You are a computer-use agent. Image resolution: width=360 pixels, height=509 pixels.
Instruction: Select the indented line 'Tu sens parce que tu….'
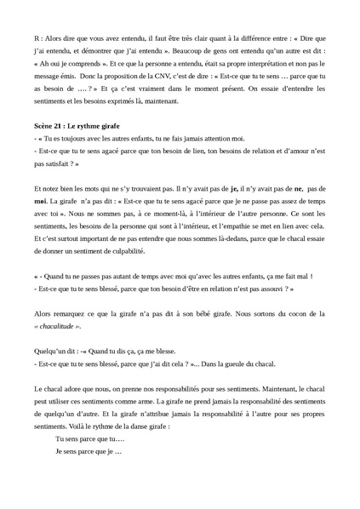(89, 438)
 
